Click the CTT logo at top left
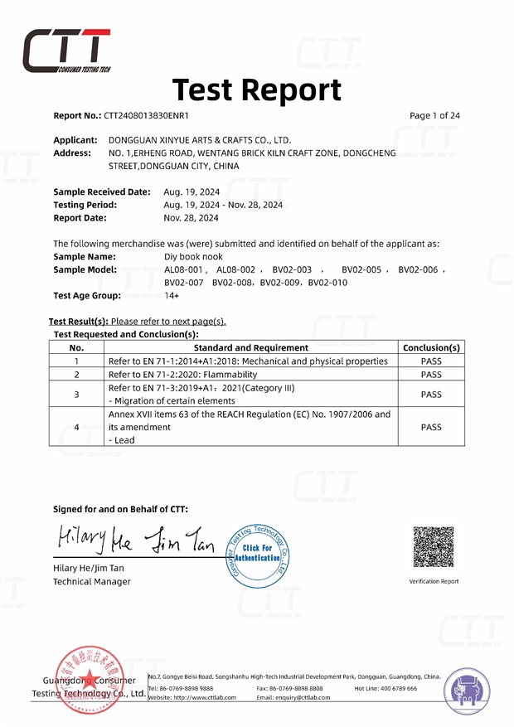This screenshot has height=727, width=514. click(66, 51)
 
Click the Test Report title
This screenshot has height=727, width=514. click(256, 90)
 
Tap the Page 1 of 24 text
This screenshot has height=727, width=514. click(434, 116)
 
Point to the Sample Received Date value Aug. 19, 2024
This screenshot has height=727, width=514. click(192, 191)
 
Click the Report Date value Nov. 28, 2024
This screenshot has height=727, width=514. click(192, 218)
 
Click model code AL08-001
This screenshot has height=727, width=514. click(183, 270)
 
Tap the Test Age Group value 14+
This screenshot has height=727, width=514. click(171, 296)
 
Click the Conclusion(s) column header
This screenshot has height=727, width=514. click(430, 348)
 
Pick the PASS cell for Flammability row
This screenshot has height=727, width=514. click(430, 375)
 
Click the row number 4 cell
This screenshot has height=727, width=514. click(76, 427)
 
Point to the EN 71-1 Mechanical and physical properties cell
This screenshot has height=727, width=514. click(249, 361)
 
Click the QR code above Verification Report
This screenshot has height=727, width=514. click(434, 546)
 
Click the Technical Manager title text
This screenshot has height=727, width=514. click(91, 582)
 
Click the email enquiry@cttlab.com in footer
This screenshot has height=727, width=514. click(293, 698)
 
